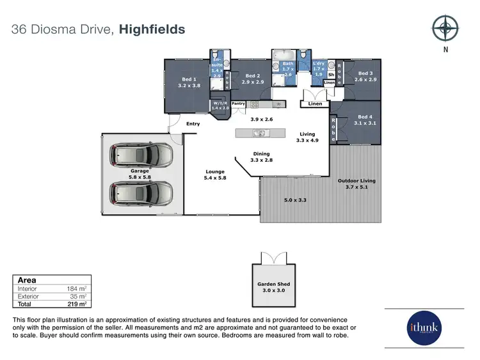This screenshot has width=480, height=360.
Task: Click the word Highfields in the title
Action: pyautogui.click(x=152, y=29)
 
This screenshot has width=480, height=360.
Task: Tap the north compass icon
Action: pyautogui.click(x=445, y=29)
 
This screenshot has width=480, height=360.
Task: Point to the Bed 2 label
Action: pyautogui.click(x=253, y=79)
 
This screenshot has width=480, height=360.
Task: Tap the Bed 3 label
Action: pyautogui.click(x=365, y=76)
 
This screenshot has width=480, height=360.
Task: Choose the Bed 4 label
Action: pyautogui.click(x=365, y=120)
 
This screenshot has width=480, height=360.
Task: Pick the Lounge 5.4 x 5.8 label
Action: pyautogui.click(x=215, y=175)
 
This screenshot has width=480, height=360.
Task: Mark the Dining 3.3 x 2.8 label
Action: pyautogui.click(x=261, y=157)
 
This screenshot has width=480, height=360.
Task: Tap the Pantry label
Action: pyautogui.click(x=238, y=103)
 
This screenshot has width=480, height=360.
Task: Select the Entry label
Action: pyautogui.click(x=193, y=124)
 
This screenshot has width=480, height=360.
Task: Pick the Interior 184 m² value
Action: pyautogui.click(x=77, y=289)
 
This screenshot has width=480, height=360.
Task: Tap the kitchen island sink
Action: pyautogui.click(x=260, y=133)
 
